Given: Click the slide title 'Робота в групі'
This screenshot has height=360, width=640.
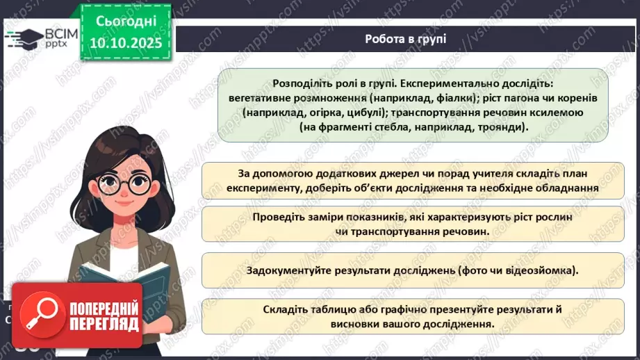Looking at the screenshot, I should tap(405, 39).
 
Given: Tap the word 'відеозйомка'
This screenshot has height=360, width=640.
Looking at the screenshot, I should tap(542, 270).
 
